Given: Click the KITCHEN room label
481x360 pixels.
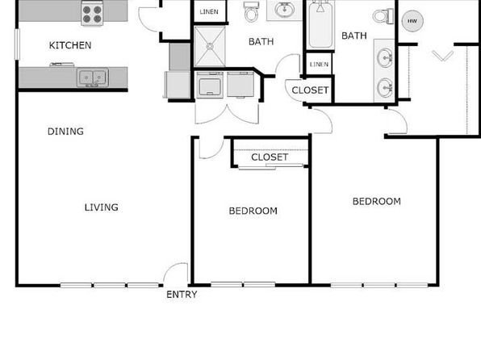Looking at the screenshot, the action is point(70,45).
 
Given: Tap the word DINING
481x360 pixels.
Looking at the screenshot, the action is point(65,132).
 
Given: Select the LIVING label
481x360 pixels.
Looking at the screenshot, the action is point(102,207).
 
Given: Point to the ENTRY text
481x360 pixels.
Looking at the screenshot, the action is point(182,295).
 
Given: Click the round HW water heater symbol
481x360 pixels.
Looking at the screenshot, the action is point(412,21).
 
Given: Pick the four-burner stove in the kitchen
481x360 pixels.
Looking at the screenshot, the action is point(92,13).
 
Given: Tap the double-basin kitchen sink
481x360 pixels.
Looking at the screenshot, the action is point(92,77).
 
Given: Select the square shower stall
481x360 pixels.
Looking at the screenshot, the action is point(210,46).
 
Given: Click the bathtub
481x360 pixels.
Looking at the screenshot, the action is point(320,25).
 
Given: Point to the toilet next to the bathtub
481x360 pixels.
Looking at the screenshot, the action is point(383,16).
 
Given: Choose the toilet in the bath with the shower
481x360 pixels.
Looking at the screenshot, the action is point(251,11).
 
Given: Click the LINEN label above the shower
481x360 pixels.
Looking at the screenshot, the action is point(209,11).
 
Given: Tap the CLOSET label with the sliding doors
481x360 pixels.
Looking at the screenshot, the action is point(270,157).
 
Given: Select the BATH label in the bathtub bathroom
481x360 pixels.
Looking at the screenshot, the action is point(354,36).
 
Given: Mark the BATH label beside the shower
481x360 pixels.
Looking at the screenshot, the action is point(261,42).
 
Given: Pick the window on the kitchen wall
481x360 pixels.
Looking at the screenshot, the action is point(17,44).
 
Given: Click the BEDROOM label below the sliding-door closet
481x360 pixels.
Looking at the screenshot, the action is point(253,211).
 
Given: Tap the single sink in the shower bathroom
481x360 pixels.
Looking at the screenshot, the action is point(284,10).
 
